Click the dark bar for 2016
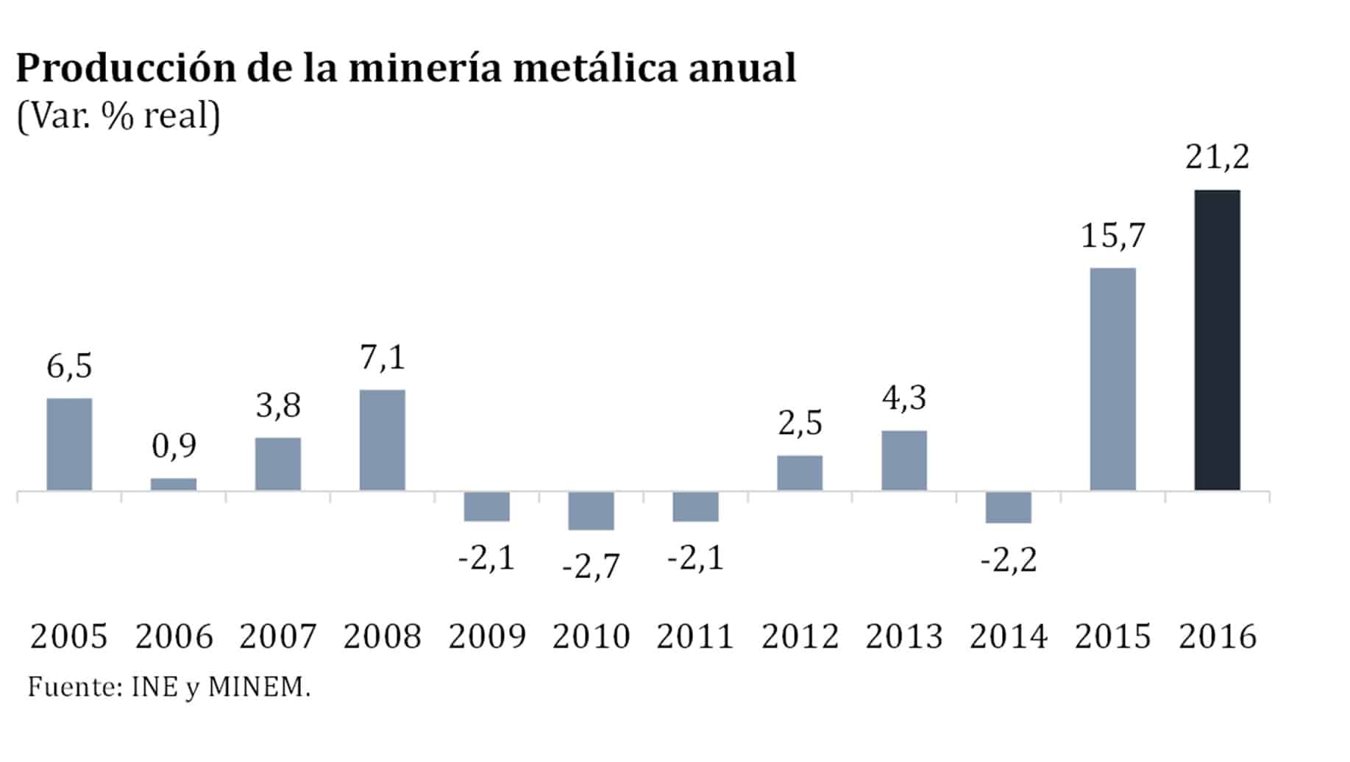coord(1217,340)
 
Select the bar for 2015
coord(1112,379)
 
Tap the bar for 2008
coord(382,440)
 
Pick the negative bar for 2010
coord(591,510)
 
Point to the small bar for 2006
coord(174,484)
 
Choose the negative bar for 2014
coord(1008,508)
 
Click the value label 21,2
coord(1217,157)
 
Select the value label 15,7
coord(1113,235)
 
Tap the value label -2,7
coord(591,566)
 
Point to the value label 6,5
coord(69,366)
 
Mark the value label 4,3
coord(904,398)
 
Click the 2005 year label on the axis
coord(69,636)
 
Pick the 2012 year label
coord(800,636)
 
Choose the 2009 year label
coord(487,636)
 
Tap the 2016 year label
coord(1218,636)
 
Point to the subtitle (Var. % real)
coord(118,116)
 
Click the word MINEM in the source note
coord(255,687)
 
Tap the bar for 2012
coord(800,473)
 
